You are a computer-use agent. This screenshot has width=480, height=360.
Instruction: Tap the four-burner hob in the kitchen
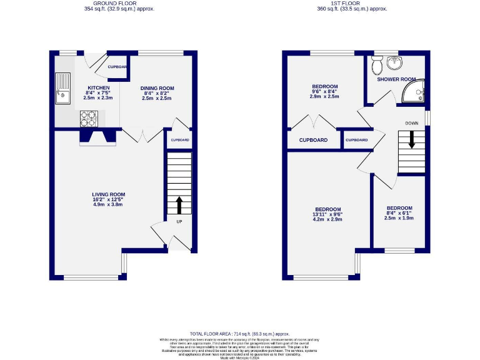87,117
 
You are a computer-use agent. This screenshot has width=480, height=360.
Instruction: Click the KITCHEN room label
98,87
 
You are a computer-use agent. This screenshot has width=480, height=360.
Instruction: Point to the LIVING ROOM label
109,194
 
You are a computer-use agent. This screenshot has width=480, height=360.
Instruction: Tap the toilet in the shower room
376,64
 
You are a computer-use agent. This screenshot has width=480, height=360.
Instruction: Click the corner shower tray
415,92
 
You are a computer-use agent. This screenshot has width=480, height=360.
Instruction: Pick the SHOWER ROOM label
396,79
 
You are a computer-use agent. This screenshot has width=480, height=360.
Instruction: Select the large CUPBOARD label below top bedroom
313,140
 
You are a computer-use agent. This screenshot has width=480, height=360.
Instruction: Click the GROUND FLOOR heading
119,4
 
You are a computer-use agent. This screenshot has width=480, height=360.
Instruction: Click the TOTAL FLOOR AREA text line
240,334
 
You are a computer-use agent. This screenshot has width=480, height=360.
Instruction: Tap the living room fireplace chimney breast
98,137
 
